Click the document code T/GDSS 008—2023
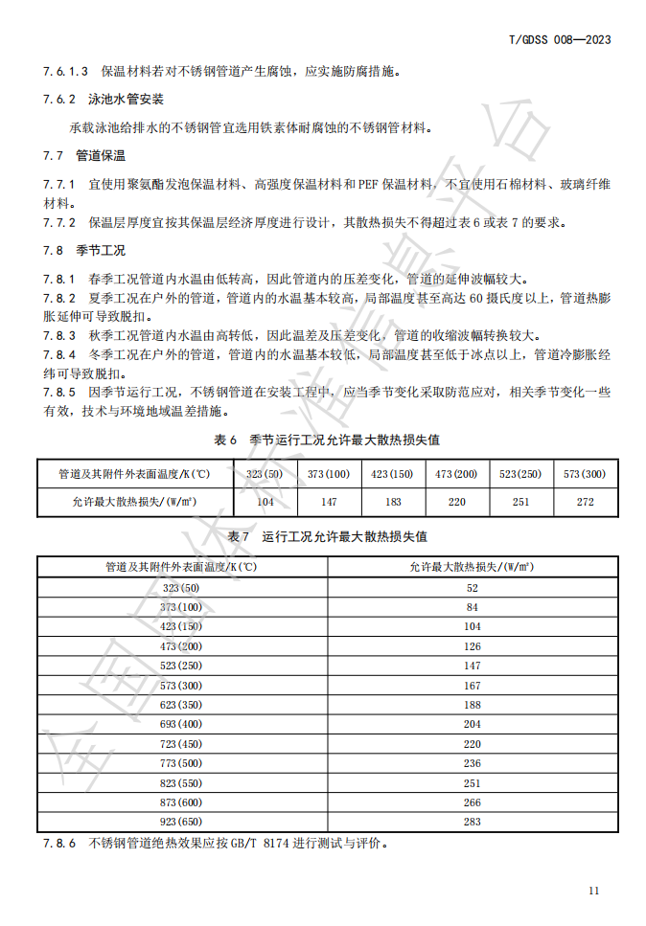coord(559,39)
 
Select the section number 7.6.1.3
coord(66,71)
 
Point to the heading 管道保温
coord(102,155)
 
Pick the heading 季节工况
coord(102,251)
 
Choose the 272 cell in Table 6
coord(585,502)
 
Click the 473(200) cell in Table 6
coord(455,474)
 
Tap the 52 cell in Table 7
coord(473,588)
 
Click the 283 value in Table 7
coord(473,822)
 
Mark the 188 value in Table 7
coord(473,705)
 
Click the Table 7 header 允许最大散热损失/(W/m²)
coord(473,567)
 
